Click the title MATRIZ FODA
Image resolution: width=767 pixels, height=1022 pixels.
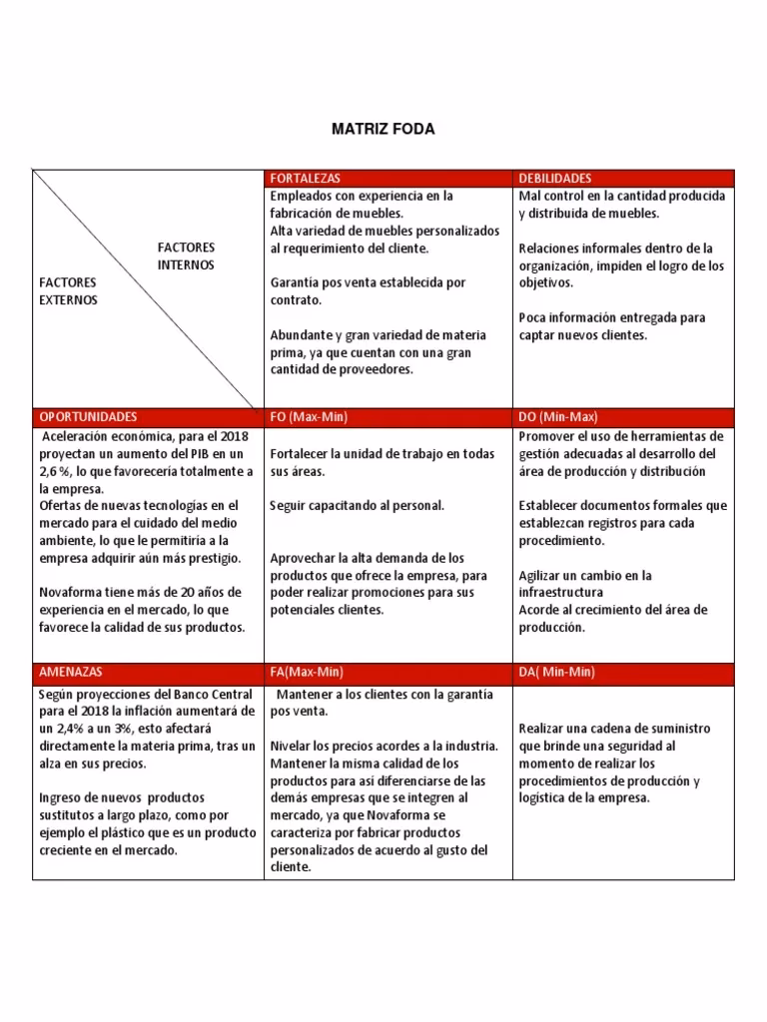pos(383,130)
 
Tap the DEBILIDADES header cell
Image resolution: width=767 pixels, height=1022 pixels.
pos(555,178)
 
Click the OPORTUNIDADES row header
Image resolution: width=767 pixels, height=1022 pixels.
pos(88,416)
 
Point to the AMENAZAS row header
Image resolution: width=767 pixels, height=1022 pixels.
pos(70,673)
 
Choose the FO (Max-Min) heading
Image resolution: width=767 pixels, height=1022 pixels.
pos(309,416)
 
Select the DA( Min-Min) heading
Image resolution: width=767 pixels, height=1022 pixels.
pos(556,673)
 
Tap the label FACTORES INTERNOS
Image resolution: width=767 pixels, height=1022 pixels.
pos(186,255)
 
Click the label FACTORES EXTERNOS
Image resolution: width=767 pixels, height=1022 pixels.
pos(68,291)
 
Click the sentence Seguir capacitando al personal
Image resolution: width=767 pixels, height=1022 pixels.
pos(357,506)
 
